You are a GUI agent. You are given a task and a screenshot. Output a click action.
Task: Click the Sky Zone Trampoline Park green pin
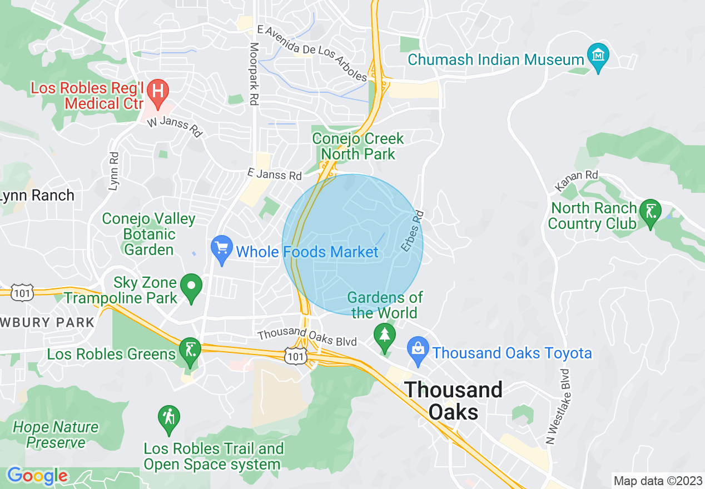[192, 287]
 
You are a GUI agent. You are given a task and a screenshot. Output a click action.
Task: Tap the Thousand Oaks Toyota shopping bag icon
[418, 350]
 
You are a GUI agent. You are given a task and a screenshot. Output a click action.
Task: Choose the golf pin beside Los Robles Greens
[190, 351]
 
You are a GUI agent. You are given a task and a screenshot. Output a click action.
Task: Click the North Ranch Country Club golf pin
[650, 212]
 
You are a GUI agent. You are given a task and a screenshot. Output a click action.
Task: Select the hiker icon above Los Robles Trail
[168, 418]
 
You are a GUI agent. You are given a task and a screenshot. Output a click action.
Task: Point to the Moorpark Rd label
[254, 74]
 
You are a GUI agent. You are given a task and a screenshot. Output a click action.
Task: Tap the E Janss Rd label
[275, 175]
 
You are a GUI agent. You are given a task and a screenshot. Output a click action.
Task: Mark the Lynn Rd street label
[114, 171]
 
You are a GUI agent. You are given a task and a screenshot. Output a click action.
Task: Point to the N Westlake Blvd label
[558, 407]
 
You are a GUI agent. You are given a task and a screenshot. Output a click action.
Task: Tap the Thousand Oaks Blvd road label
[307, 337]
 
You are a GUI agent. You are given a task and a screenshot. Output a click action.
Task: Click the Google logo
[37, 476]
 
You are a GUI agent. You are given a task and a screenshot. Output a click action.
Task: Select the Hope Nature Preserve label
[56, 435]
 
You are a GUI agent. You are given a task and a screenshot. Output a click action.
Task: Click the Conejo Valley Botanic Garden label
[149, 234]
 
